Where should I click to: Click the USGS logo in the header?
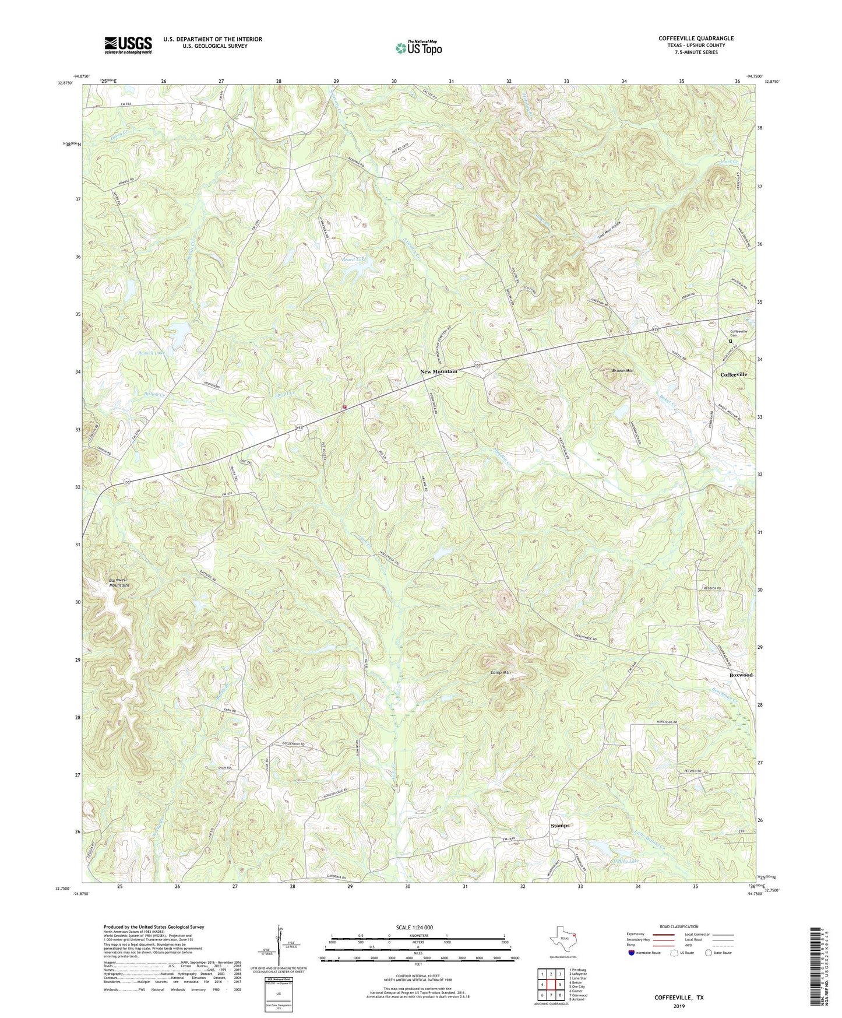pos(128,45)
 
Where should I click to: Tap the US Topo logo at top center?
pos(417,48)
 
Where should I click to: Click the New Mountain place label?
pos(439,371)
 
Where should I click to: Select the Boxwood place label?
pos(741,675)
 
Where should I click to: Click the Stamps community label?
pos(560,826)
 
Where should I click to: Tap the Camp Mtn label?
pos(500,672)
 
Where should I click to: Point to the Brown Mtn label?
pos(623,370)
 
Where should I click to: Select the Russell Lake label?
pos(152,353)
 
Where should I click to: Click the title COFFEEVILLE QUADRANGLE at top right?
pos(696,38)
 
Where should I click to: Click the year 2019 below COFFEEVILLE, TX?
pos(678,1006)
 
